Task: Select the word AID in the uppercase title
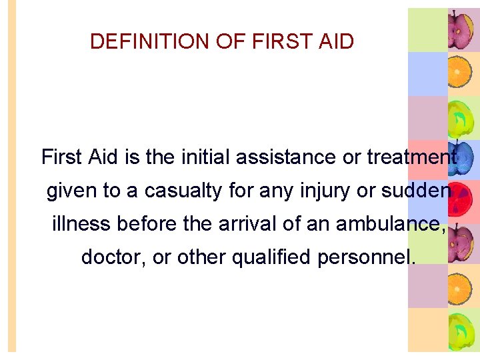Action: point(336,42)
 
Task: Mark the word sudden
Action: point(416,191)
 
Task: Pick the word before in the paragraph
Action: point(148,225)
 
